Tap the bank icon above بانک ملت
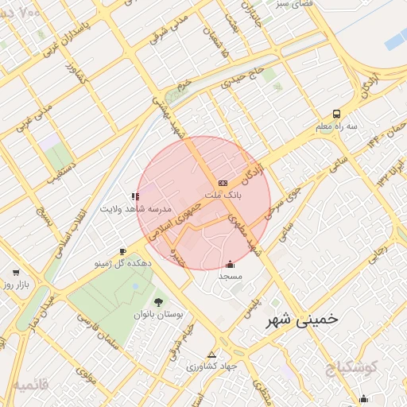pos(223,182)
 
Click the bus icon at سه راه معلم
pos(336,114)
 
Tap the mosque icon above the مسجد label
pos(231,264)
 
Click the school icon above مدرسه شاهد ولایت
pos(134,196)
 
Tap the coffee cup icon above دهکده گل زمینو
pos(122,250)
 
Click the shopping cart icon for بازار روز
pos(16,272)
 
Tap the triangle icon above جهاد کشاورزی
pos(211,355)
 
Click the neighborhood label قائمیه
pos(30,384)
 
